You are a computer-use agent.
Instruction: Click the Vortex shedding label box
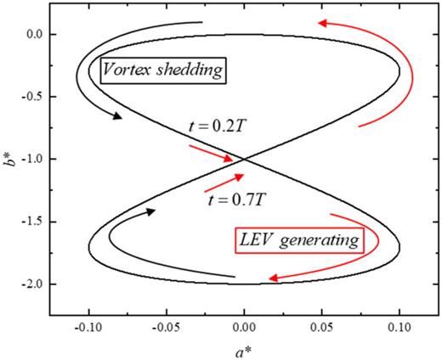click(x=163, y=70)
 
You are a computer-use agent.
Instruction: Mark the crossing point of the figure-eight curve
click(x=244, y=159)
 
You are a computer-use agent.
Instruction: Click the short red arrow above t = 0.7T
click(x=225, y=182)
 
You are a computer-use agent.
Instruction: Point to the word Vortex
click(x=129, y=70)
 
